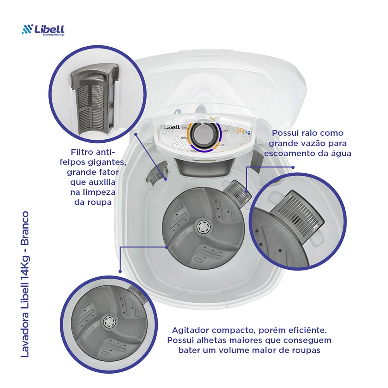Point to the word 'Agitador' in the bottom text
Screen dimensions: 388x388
[190, 330]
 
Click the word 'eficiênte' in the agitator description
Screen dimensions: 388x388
[307, 330]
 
